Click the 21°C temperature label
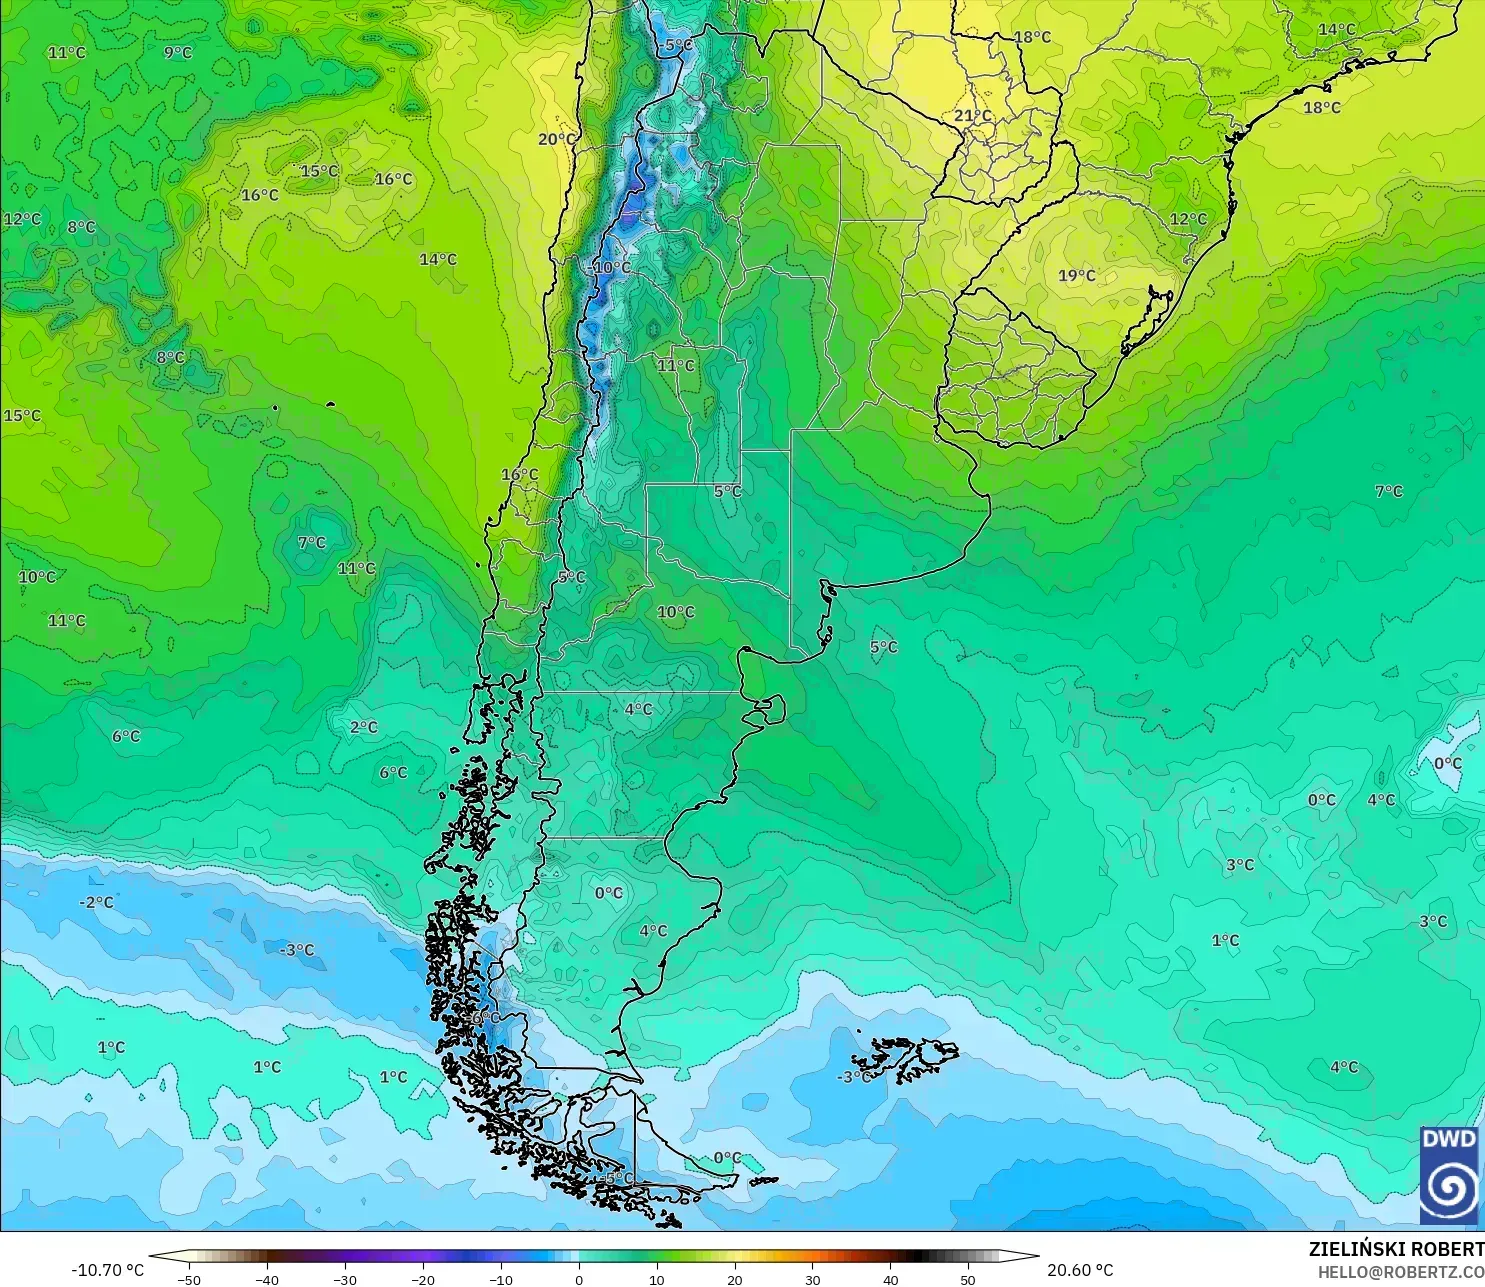tap(972, 116)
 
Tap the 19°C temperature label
tap(1077, 275)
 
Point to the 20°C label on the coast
tap(557, 139)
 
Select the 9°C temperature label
tap(178, 52)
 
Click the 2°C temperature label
tap(364, 727)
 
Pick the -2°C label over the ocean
tap(97, 902)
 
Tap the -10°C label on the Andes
tap(611, 267)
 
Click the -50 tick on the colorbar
tap(188, 1279)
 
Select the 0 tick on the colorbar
tap(578, 1279)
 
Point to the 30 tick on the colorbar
tap(812, 1279)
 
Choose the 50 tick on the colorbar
tap(968, 1279)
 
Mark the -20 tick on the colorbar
tap(422, 1279)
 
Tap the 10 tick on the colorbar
tap(656, 1279)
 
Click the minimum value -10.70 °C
tap(108, 1270)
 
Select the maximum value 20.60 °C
tap(1080, 1270)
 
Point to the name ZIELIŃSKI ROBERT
tap(1396, 1249)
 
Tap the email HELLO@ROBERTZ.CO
tap(1400, 1272)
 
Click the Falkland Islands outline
tap(905, 1060)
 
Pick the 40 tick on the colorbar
tap(890, 1279)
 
